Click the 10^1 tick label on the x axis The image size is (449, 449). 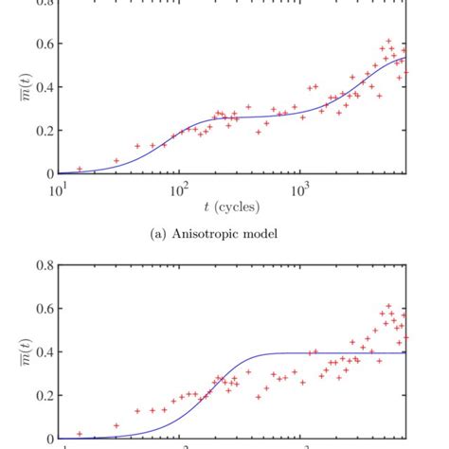(59, 189)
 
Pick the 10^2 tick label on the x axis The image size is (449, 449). (178, 189)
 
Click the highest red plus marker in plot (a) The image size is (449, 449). (388, 42)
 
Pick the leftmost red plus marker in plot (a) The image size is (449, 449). (80, 169)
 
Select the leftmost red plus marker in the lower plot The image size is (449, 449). (80, 434)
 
